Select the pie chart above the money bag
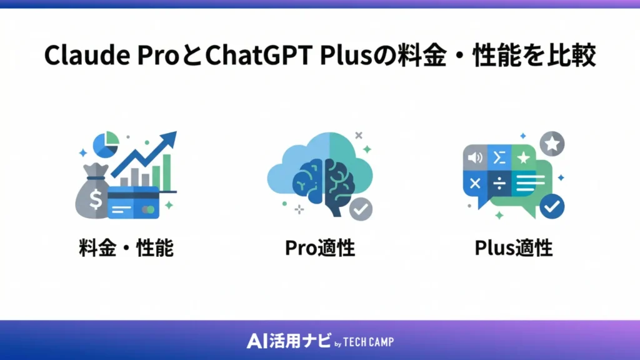tap(106, 144)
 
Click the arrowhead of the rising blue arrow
tap(169, 139)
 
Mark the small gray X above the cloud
tap(358, 135)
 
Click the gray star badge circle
tap(552, 144)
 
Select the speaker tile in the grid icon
tap(474, 157)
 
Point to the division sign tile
tap(499, 182)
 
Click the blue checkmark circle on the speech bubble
tap(551, 206)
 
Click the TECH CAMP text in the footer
tap(369, 341)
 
